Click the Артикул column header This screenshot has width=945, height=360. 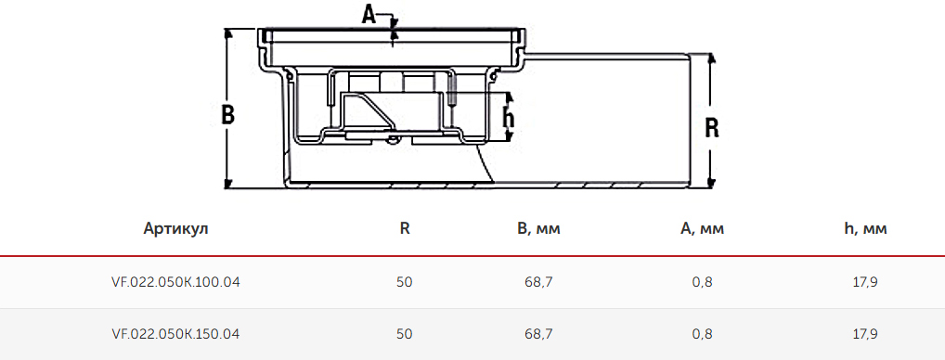176,229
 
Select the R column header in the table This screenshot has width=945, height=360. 405,229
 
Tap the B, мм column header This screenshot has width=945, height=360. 538,229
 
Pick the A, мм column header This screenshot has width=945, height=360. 702,229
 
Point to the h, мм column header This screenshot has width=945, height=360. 865,229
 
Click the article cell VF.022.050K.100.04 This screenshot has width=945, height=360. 176,282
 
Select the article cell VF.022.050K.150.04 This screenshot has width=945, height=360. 176,333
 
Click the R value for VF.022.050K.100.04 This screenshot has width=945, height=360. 405,282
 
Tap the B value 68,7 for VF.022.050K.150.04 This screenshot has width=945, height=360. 538,333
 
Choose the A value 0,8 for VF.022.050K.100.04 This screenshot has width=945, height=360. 702,282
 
